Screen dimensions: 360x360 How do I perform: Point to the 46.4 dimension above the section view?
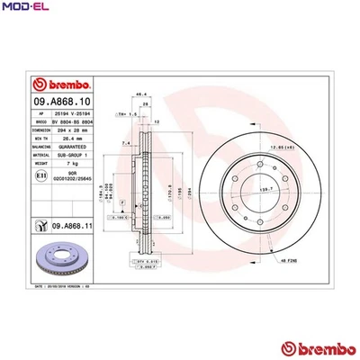pos(140,94)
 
